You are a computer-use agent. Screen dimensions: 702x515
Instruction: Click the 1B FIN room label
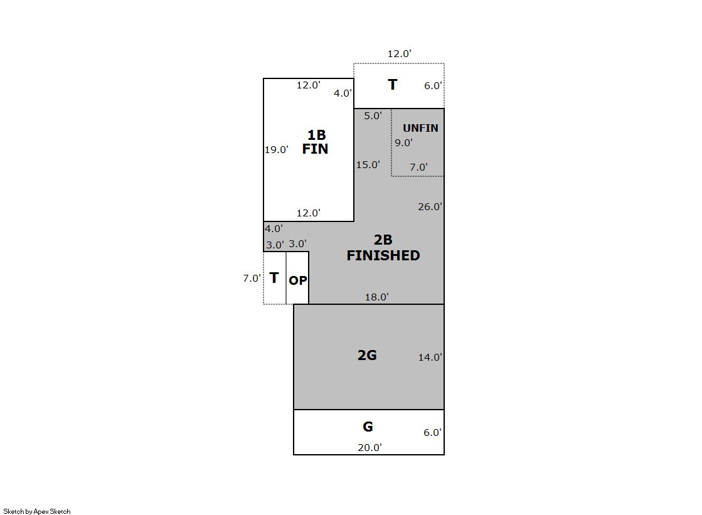(x=316, y=142)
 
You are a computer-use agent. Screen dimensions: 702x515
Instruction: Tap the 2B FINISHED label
(x=383, y=248)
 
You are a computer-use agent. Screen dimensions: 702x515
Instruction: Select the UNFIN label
(x=420, y=128)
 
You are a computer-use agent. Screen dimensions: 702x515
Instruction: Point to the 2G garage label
(x=367, y=355)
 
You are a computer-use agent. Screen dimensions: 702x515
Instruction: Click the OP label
(x=298, y=280)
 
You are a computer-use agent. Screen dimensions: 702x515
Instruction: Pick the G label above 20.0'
(x=368, y=427)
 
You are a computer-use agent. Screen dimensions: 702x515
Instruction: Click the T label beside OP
(x=274, y=278)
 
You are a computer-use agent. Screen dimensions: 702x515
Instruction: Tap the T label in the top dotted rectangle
(x=393, y=85)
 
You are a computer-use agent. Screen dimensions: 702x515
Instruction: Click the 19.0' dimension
(x=276, y=149)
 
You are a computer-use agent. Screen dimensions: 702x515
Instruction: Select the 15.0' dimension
(x=368, y=165)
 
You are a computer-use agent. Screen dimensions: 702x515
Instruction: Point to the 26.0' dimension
(x=430, y=206)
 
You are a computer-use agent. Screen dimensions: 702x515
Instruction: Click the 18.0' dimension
(x=376, y=297)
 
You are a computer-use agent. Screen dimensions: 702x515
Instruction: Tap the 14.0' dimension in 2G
(x=430, y=357)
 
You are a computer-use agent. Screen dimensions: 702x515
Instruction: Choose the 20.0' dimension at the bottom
(x=370, y=447)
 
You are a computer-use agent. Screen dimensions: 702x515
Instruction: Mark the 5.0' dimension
(x=373, y=115)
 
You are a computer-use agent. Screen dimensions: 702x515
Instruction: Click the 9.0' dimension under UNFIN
(x=403, y=143)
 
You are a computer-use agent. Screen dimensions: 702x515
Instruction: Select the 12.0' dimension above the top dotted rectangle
(x=400, y=54)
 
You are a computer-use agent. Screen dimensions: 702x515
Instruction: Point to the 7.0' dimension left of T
(x=252, y=278)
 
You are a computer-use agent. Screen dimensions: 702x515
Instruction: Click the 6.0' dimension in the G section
(x=432, y=433)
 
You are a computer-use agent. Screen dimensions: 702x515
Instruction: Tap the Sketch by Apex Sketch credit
(x=37, y=511)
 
